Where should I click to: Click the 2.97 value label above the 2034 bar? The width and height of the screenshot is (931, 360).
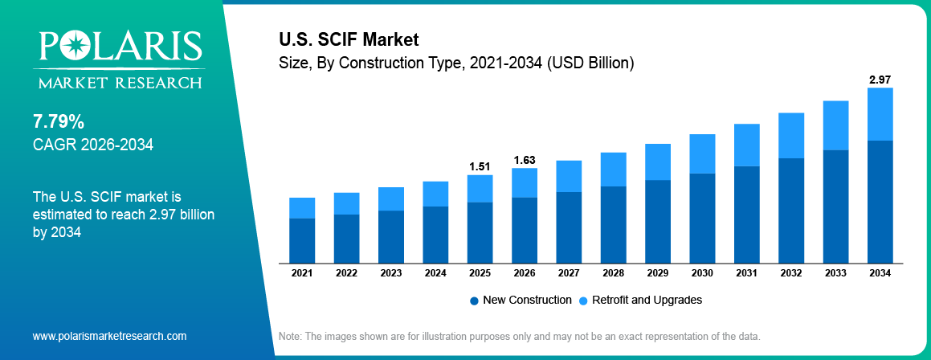click(880, 80)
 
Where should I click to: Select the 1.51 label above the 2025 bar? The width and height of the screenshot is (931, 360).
click(480, 166)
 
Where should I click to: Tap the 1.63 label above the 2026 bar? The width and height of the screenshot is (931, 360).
click(524, 160)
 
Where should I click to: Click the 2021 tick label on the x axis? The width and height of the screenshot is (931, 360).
click(302, 273)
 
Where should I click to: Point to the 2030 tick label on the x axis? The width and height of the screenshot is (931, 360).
click(702, 273)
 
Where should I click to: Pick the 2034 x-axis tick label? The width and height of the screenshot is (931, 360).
click(880, 273)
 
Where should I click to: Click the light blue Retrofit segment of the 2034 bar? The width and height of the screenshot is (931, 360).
click(880, 114)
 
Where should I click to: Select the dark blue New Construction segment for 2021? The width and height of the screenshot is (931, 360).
click(302, 240)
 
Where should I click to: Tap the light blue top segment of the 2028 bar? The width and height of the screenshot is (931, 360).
click(613, 169)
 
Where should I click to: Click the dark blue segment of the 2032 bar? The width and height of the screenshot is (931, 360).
click(791, 210)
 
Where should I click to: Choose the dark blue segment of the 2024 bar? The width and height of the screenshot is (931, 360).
click(435, 234)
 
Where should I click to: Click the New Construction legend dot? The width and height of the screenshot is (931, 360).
click(474, 301)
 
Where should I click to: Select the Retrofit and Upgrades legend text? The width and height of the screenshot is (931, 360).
click(647, 300)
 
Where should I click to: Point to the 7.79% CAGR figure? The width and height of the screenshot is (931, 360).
click(59, 122)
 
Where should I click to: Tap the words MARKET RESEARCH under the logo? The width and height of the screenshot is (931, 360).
click(117, 82)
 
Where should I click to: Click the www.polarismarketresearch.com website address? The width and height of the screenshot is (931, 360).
click(109, 336)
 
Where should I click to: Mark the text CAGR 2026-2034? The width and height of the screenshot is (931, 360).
click(92, 145)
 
